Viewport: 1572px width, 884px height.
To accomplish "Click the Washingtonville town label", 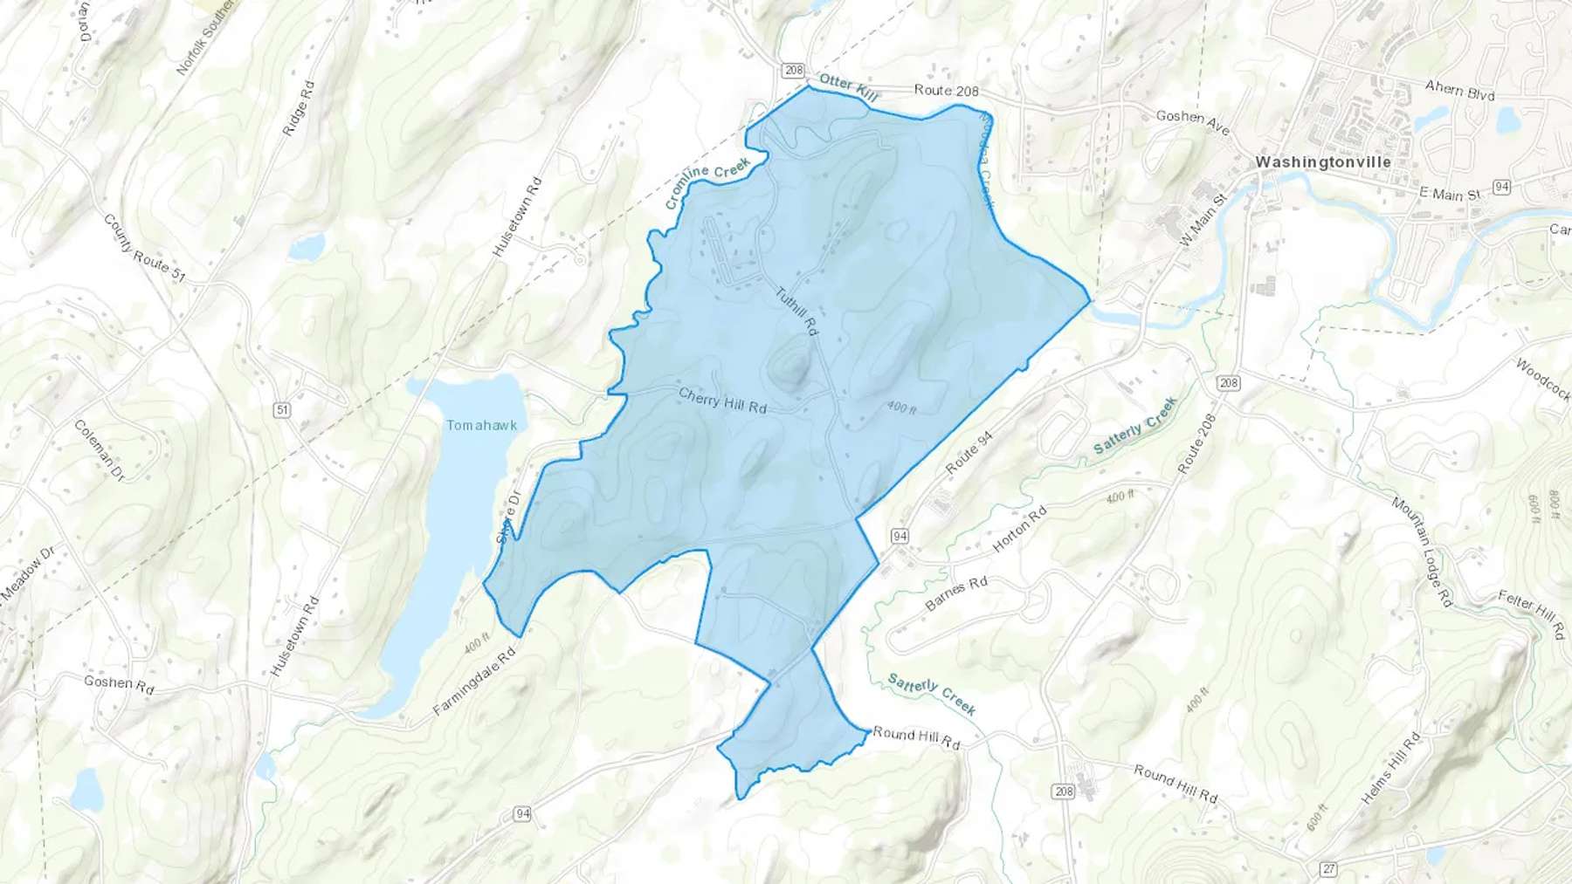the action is [x=1322, y=161].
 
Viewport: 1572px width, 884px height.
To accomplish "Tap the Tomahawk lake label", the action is [x=481, y=425].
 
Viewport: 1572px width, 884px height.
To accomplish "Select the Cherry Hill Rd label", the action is [x=722, y=401].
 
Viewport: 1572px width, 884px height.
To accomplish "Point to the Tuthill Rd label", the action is [x=796, y=312].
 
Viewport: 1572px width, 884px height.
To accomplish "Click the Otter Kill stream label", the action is [x=848, y=86].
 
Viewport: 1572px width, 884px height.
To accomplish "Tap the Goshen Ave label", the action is [x=1192, y=122].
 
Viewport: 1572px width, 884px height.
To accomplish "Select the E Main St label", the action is [x=1450, y=194].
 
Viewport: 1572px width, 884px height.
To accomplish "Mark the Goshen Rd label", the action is [x=119, y=683].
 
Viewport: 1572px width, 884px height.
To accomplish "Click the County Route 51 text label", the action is [x=144, y=248].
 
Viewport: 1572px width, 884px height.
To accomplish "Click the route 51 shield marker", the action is [x=281, y=409].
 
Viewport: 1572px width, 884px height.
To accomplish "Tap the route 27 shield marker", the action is [x=1328, y=868].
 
